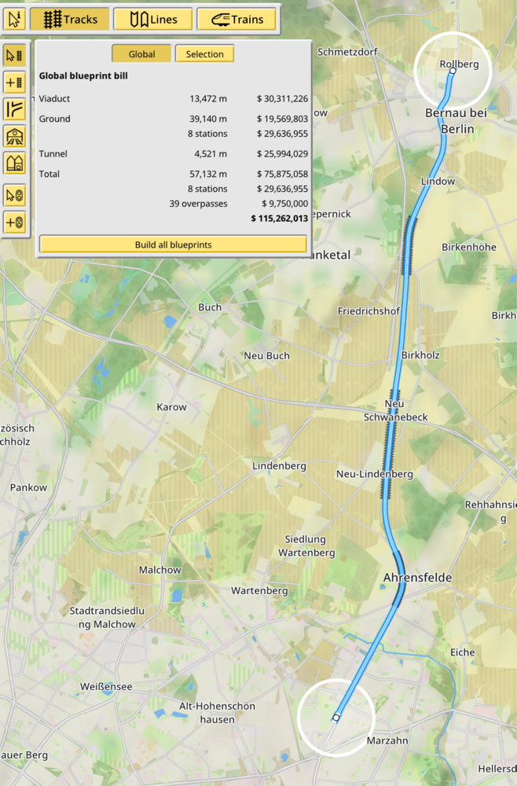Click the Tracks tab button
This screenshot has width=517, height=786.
point(69,19)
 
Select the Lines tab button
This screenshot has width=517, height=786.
point(153,19)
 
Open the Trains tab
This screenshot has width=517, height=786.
point(236,19)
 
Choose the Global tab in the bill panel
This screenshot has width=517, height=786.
point(141,54)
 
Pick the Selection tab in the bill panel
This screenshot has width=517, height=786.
point(204,54)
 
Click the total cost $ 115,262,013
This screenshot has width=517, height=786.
point(279,218)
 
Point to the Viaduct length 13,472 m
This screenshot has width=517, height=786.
point(208,98)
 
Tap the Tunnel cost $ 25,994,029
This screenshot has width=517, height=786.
point(282,153)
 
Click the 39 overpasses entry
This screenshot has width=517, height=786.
point(198,203)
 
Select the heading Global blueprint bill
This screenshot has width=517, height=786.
point(83,76)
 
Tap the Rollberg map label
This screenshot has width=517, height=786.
point(460,64)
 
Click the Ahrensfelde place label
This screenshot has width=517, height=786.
point(417,578)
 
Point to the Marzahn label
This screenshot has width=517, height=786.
point(387,740)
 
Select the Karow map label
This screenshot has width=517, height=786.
point(172,407)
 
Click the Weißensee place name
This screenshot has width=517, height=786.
point(106,686)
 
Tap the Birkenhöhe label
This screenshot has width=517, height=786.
point(469,247)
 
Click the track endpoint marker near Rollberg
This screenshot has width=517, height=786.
point(453,72)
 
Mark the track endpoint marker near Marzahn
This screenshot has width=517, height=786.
point(336,718)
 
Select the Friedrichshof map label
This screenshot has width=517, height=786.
point(368,310)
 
